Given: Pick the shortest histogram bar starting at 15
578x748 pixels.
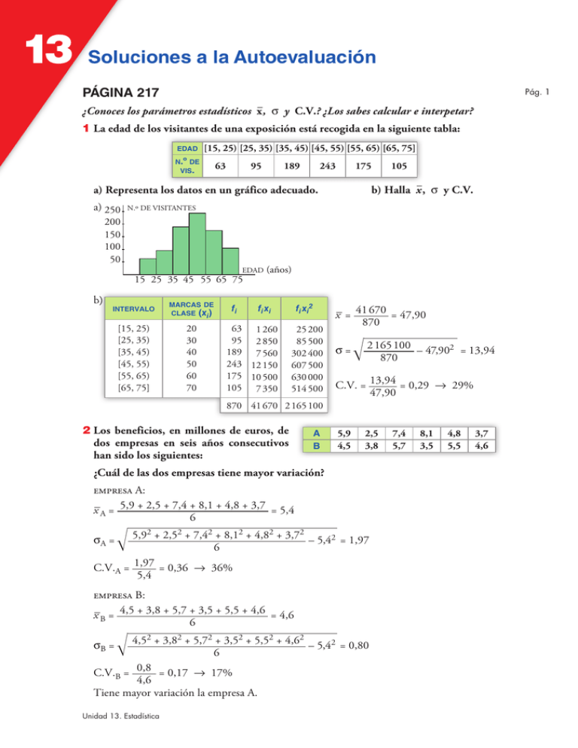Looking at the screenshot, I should (148, 266).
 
